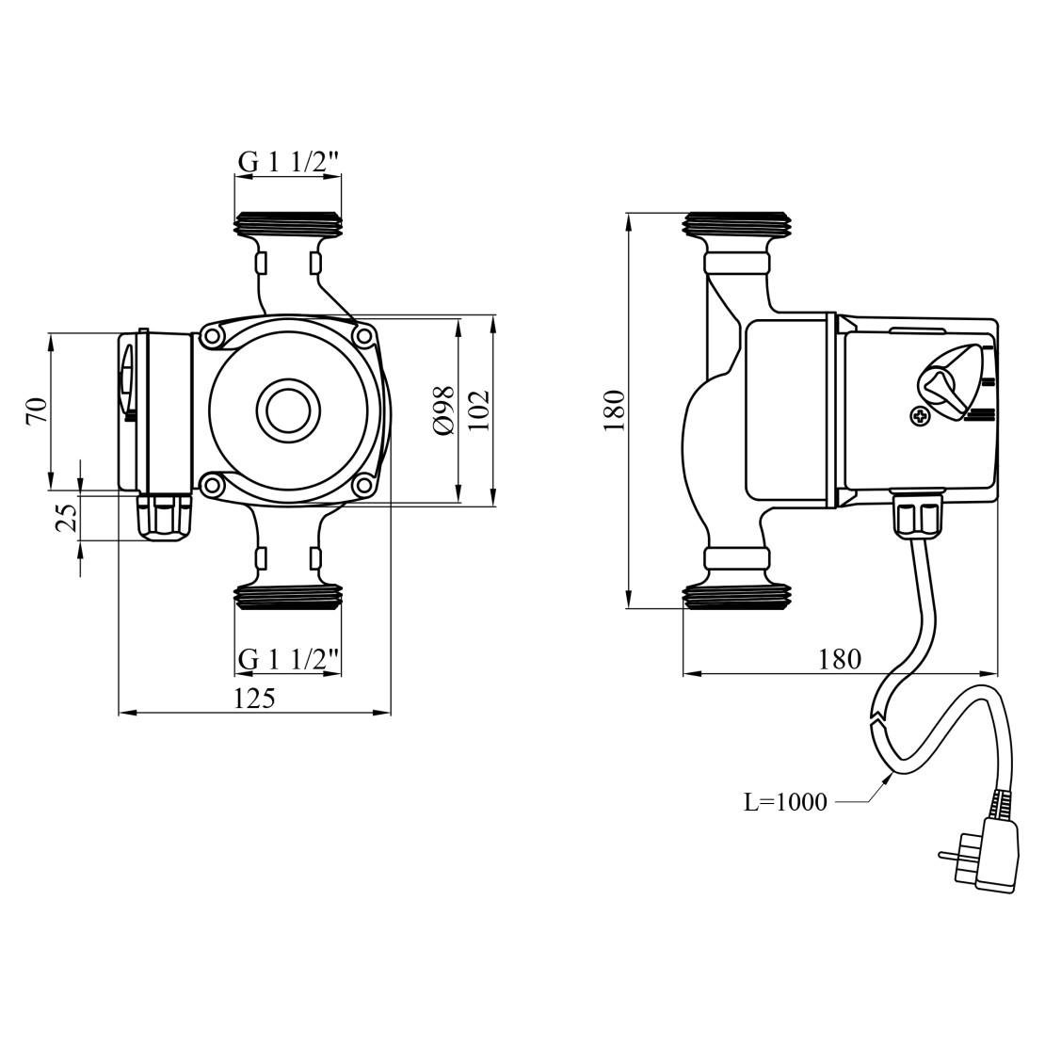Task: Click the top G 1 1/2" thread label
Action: click(x=287, y=162)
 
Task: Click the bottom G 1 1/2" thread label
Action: click(x=287, y=660)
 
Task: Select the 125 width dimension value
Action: click(x=254, y=699)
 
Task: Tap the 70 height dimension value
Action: click(x=37, y=410)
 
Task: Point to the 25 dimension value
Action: click(x=66, y=517)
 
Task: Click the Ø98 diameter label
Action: click(x=444, y=410)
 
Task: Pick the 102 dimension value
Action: click(x=478, y=410)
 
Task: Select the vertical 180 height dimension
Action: click(x=613, y=409)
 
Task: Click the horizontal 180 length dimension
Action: click(x=840, y=659)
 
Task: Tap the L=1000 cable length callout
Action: click(x=785, y=802)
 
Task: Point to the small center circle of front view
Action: click(x=288, y=410)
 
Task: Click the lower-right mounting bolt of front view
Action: click(x=363, y=486)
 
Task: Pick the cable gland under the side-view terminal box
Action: click(x=919, y=517)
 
